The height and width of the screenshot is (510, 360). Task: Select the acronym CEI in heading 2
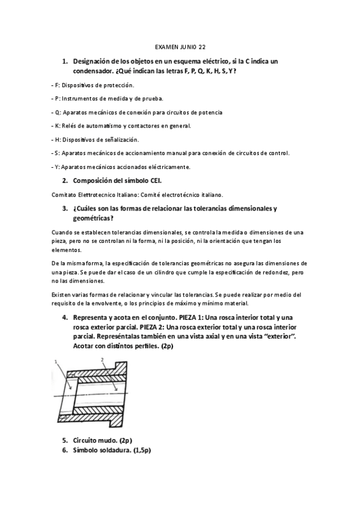point(153,180)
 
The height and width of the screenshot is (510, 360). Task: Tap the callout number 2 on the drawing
point(103,360)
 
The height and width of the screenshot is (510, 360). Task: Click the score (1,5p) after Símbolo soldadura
point(139,450)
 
